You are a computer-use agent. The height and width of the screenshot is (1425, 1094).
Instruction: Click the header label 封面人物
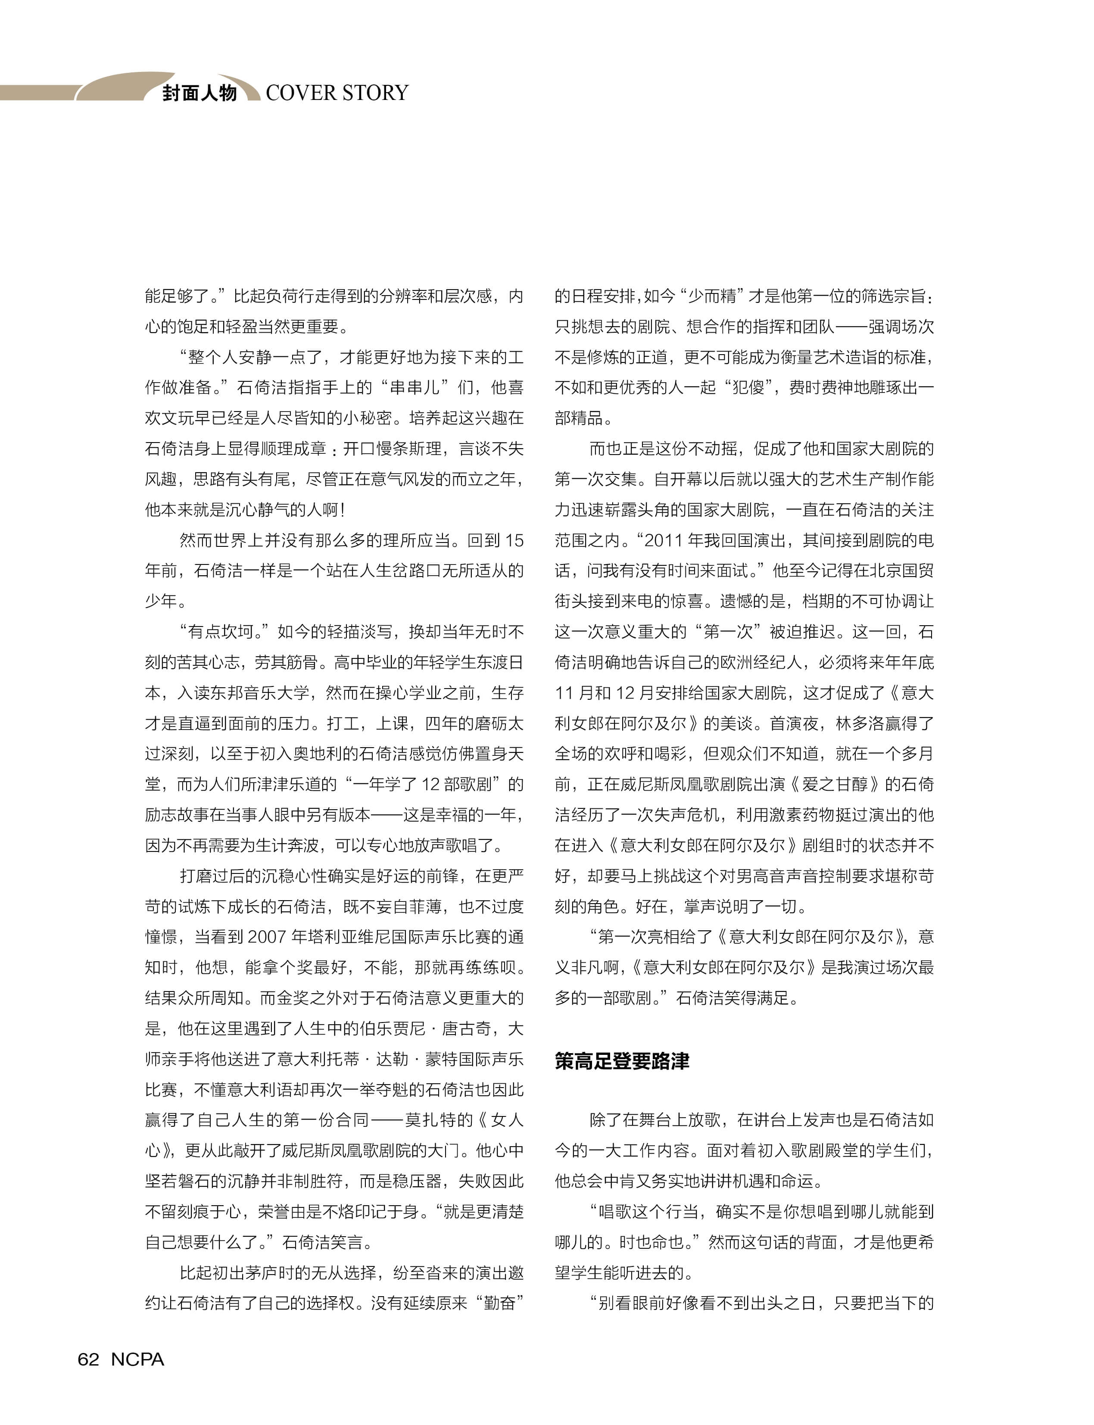[x=199, y=93]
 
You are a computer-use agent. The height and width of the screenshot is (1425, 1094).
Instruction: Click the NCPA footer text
[x=137, y=1359]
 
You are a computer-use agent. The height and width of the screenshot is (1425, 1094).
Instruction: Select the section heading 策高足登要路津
[x=622, y=1061]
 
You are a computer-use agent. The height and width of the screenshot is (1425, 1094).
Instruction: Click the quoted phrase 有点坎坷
[x=228, y=632]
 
